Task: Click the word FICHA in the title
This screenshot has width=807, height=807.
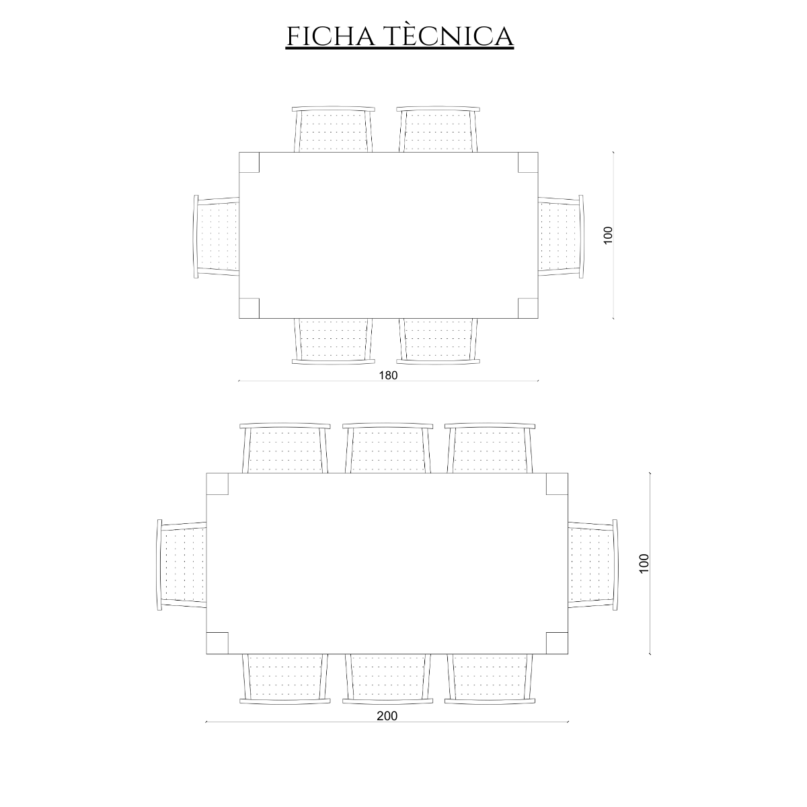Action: click(x=330, y=36)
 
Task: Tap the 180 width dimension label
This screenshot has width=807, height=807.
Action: click(x=388, y=375)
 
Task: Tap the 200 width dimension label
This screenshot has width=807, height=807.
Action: click(x=387, y=716)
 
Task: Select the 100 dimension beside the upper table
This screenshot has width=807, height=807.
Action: click(x=608, y=235)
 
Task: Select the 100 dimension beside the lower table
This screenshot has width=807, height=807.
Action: click(x=644, y=564)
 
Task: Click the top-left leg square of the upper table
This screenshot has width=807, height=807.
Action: click(x=249, y=162)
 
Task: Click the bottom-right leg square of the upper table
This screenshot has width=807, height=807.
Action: click(x=528, y=308)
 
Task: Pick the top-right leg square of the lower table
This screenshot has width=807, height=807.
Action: click(x=557, y=484)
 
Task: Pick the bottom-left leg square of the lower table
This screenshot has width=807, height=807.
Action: click(x=217, y=643)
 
